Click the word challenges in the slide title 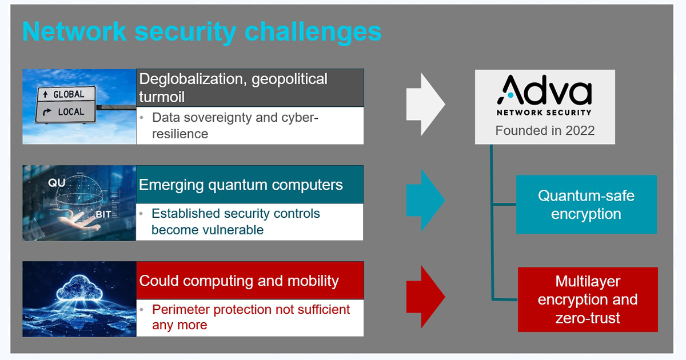pyautogui.click(x=313, y=32)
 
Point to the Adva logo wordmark pyautogui.click(x=544, y=90)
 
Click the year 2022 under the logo pyautogui.click(x=580, y=131)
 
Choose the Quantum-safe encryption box pyautogui.click(x=587, y=205)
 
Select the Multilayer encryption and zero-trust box pyautogui.click(x=588, y=299)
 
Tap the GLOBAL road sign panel pyautogui.click(x=66, y=94)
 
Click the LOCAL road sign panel pyautogui.click(x=66, y=112)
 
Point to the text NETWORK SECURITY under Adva pyautogui.click(x=544, y=113)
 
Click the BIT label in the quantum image pyautogui.click(x=103, y=215)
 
